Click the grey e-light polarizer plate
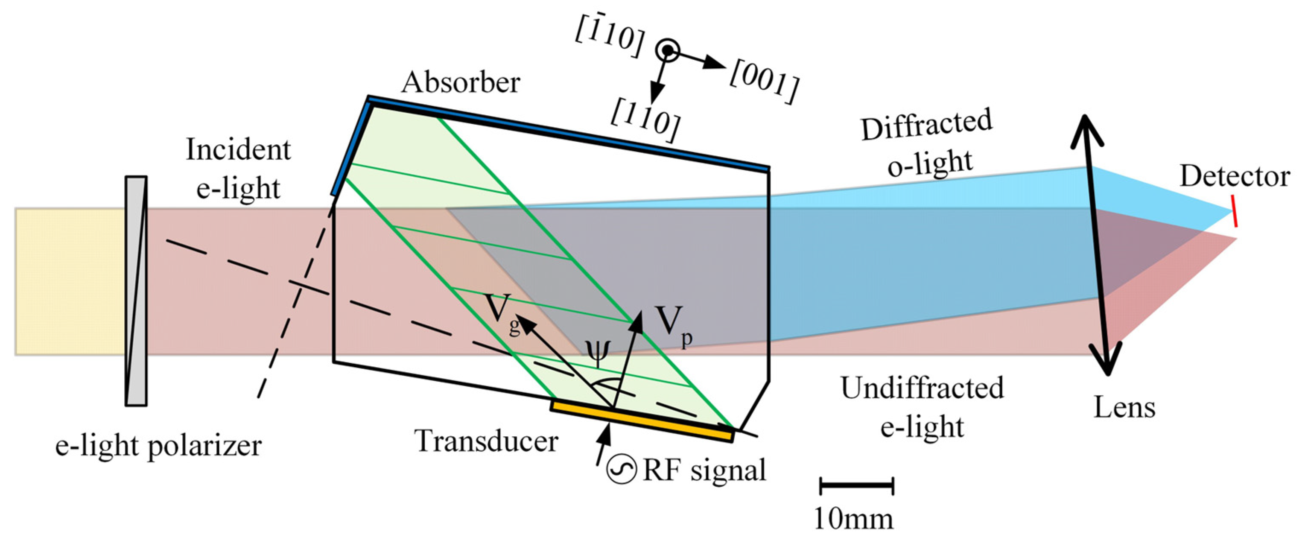click(x=136, y=291)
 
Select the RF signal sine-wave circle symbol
click(x=621, y=470)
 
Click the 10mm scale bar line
click(x=856, y=485)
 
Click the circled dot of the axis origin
click(x=668, y=50)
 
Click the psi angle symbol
click(x=598, y=353)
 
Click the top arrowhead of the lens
click(x=1086, y=129)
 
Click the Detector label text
click(x=1234, y=177)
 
